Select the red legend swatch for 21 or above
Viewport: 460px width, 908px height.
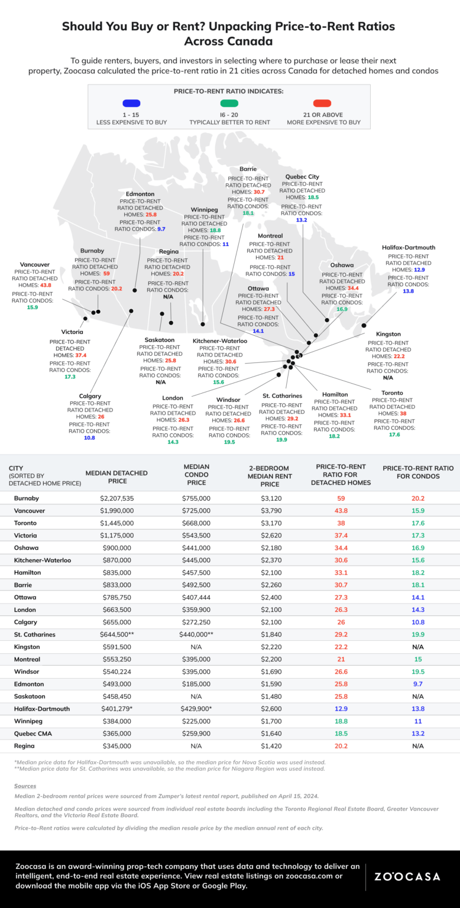coord(322,103)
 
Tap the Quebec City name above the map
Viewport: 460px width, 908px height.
coord(302,176)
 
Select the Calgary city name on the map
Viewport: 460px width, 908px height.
coord(90,396)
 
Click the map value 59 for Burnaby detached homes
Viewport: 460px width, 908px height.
coord(107,274)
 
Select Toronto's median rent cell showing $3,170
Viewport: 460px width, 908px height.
coord(271,523)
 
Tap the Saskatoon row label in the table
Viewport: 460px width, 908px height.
coord(30,696)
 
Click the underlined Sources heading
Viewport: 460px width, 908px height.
coord(25,786)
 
